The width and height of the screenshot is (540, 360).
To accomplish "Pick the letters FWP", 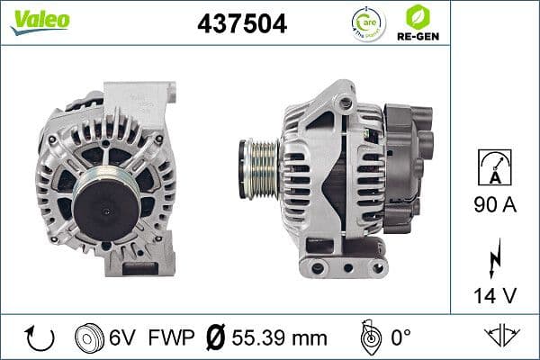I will [x=167, y=338].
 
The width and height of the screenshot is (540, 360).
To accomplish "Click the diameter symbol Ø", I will [x=216, y=338].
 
